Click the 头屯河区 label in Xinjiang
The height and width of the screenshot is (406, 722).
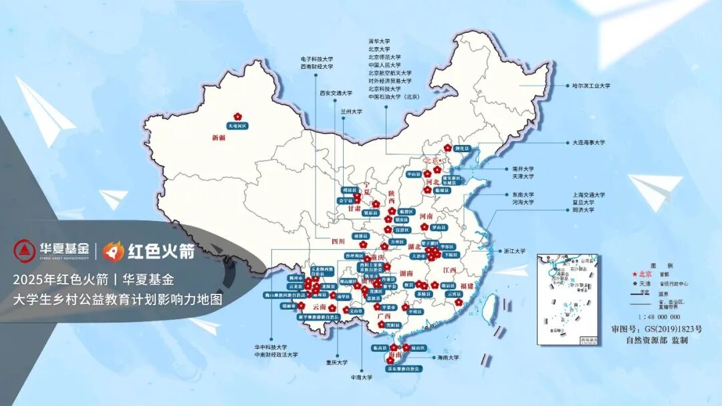[237, 126]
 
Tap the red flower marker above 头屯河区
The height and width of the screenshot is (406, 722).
[237, 116]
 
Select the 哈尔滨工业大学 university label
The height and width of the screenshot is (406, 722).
[592, 86]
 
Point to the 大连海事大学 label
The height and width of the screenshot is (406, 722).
[588, 142]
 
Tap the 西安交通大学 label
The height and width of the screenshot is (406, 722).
[336, 93]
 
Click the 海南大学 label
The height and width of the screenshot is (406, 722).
[448, 357]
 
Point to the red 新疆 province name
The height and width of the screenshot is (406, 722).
[219, 138]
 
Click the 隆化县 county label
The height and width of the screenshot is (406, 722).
[462, 148]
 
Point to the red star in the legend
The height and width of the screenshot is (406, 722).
[632, 274]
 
